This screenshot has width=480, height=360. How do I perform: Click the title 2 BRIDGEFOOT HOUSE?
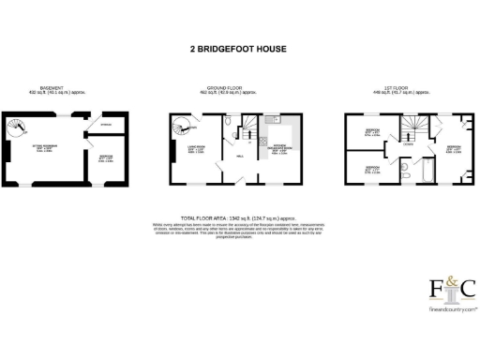coord(240,49)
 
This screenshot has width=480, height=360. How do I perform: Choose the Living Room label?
coord(184,149)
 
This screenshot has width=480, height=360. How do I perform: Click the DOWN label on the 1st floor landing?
coord(410,143)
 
